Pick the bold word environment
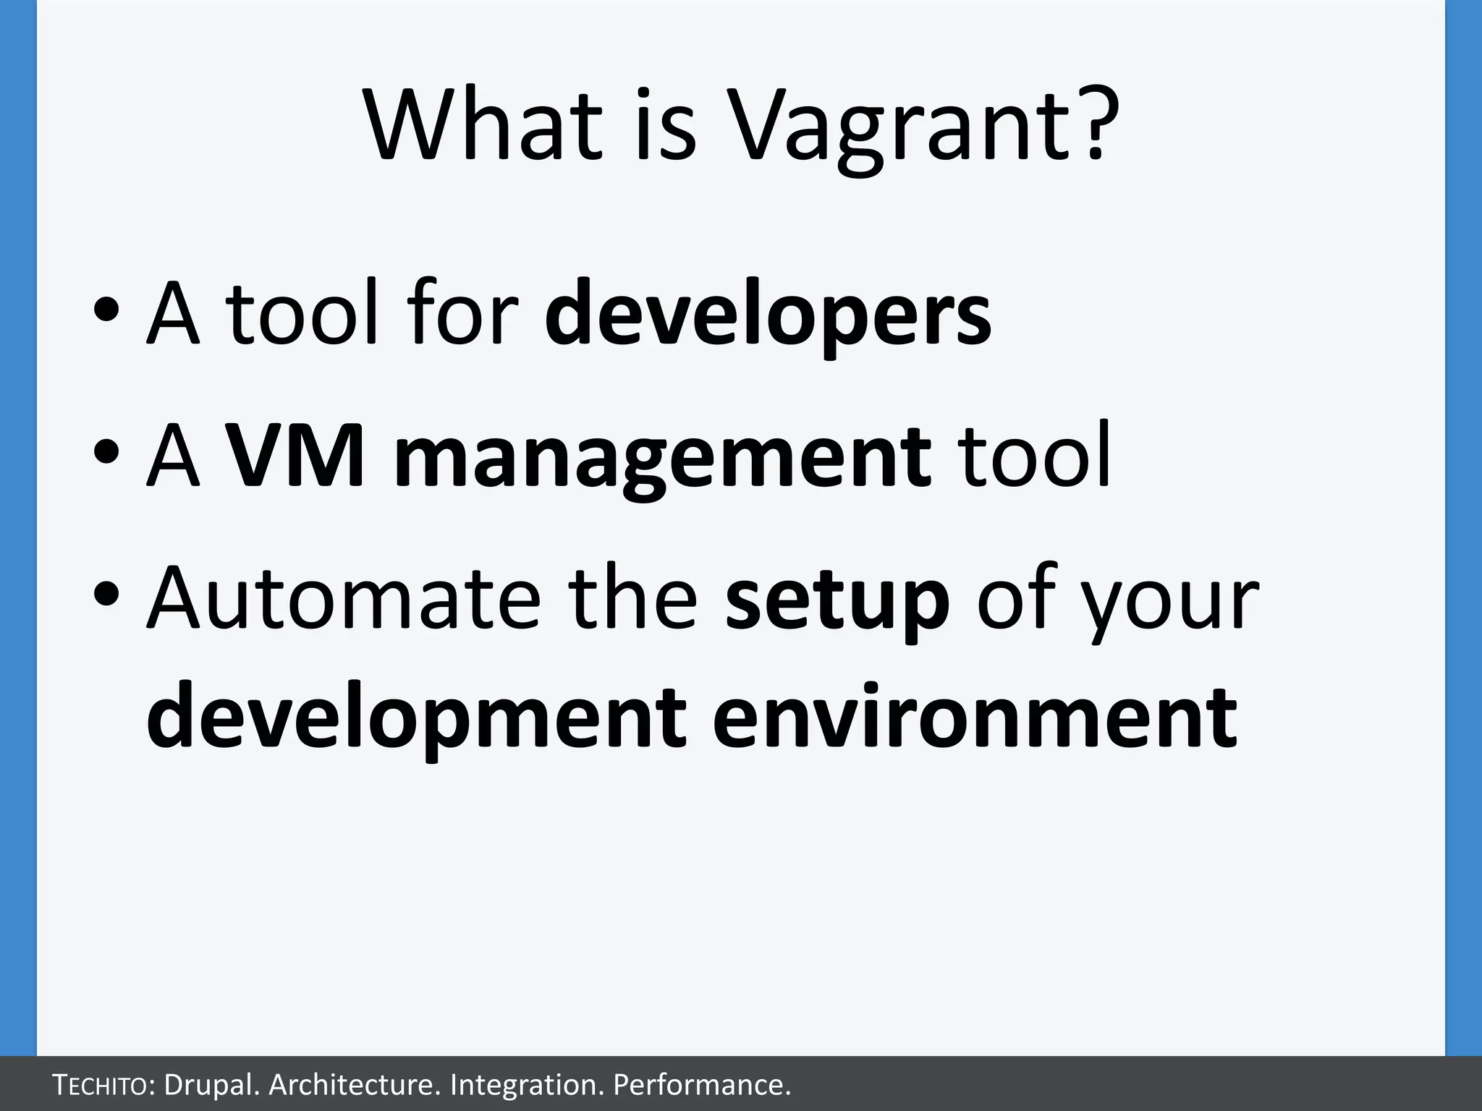(975, 718)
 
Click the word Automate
(344, 599)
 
